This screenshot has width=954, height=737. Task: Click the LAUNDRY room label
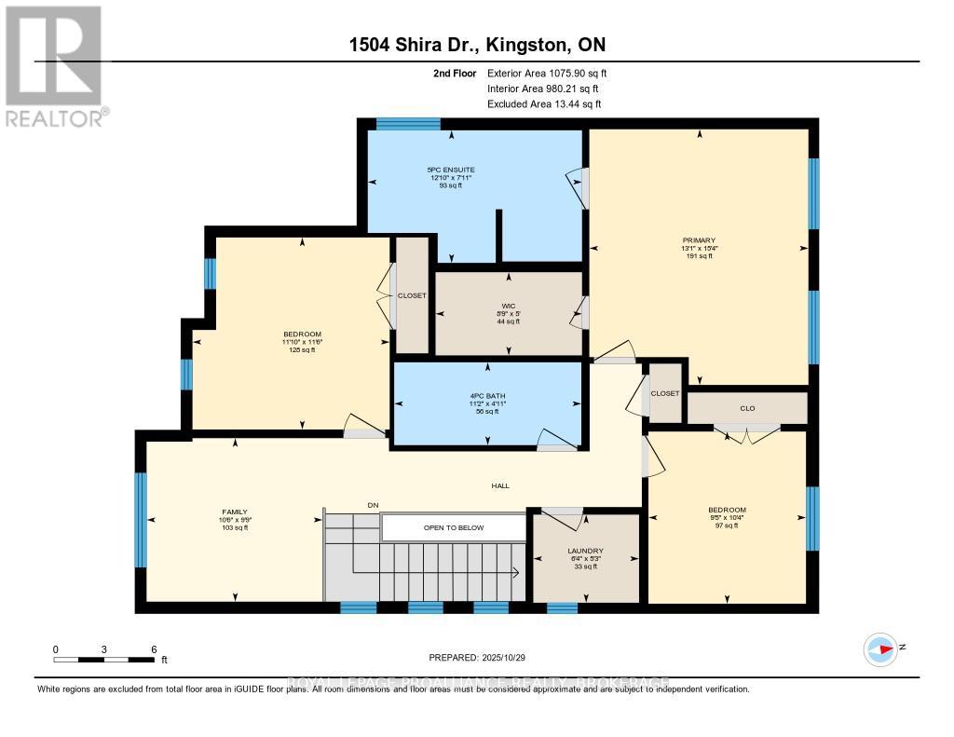[x=585, y=551]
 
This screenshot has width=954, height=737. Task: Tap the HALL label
[x=500, y=485]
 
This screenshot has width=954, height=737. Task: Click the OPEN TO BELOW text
[x=454, y=528]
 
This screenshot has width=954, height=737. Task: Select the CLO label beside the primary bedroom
[x=747, y=407]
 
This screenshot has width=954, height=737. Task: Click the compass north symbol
[x=879, y=648]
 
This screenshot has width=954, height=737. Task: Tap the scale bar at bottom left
[x=103, y=659]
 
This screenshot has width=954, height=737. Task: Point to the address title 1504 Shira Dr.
[x=478, y=46]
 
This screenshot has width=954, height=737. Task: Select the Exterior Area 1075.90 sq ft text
[x=547, y=73]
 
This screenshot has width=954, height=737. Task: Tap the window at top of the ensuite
[x=408, y=123]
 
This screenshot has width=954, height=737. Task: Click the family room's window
[x=141, y=520]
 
